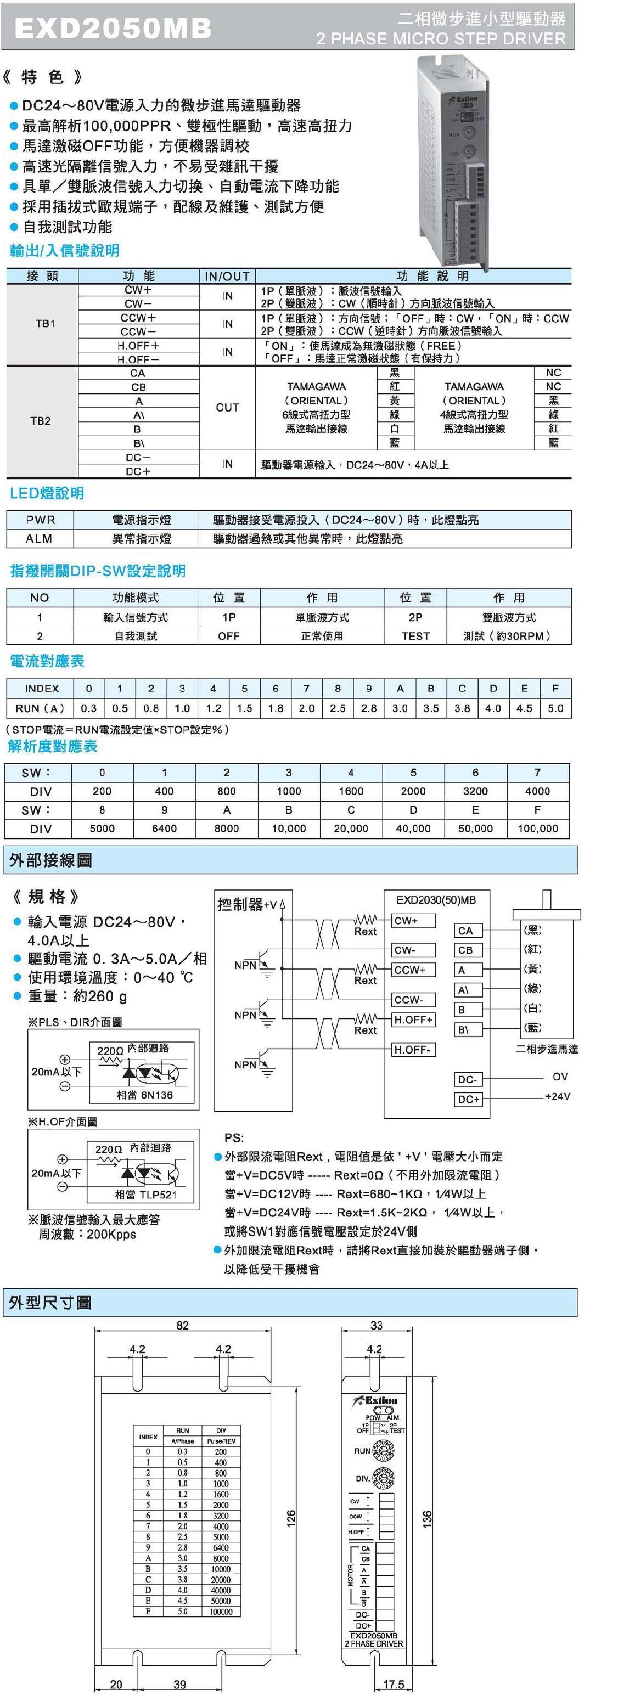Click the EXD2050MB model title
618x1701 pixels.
113,28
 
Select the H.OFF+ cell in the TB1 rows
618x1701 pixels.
138,345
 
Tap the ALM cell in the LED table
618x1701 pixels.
39,539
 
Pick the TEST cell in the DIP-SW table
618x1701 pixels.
415,636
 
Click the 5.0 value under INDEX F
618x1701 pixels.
555,708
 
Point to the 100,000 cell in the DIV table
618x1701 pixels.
537,828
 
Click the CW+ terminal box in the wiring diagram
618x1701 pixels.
414,921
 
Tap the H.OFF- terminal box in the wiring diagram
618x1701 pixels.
413,1049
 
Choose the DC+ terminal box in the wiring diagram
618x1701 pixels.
468,1099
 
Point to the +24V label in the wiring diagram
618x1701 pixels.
557,1096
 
